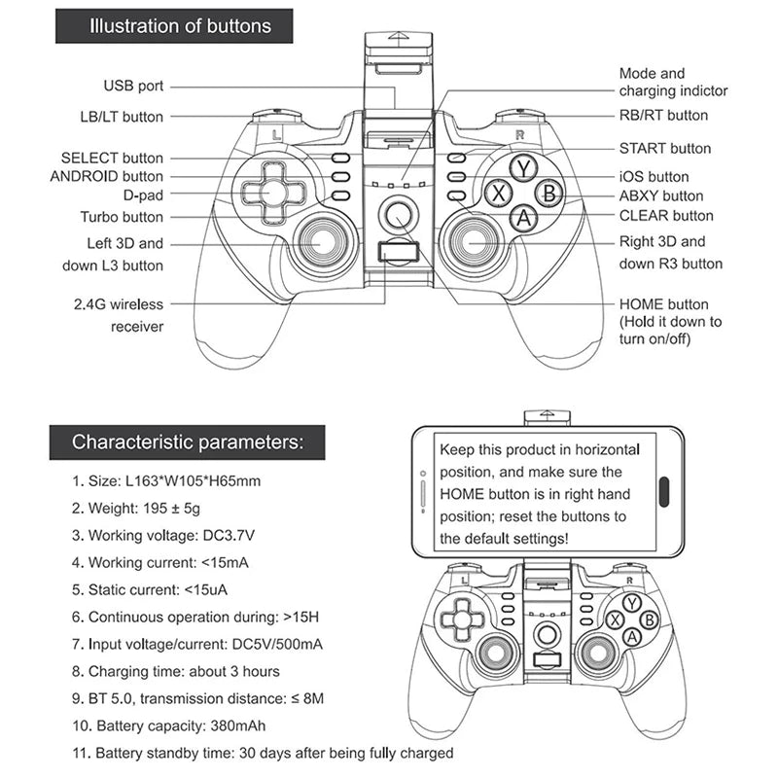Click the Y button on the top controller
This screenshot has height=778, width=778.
524,168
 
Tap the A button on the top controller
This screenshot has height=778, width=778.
524,218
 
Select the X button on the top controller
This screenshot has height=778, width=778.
499,193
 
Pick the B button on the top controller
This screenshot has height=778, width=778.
548,193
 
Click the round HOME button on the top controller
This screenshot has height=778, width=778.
396,213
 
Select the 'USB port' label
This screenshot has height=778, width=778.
133,87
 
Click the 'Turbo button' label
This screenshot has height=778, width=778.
122,217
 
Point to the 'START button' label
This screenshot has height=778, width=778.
665,149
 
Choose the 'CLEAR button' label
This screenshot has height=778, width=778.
666,216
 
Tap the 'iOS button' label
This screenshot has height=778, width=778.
654,177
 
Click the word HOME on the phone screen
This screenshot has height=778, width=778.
462,494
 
